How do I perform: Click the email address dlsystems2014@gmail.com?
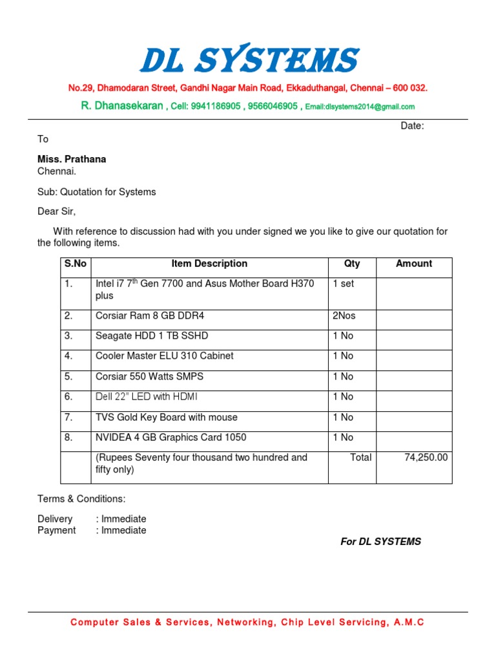360,107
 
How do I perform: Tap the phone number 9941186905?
212,106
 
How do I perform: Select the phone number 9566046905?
273,106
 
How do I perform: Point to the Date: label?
412,126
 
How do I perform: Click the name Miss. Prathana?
72,159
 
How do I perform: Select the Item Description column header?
209,264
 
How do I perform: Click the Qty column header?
352,264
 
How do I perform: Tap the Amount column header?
414,264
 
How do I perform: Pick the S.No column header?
76,264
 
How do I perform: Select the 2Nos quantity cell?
344,316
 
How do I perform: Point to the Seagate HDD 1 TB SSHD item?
152,336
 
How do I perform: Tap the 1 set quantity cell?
344,283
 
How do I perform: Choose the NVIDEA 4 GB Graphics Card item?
170,438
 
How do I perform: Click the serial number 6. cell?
68,397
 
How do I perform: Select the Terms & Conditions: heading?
81,499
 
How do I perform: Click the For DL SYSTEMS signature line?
380,542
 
